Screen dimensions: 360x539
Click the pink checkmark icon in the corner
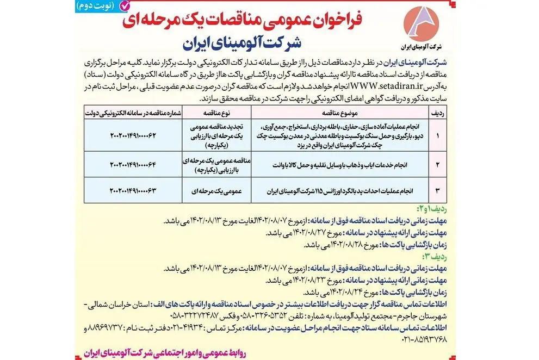125,7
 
